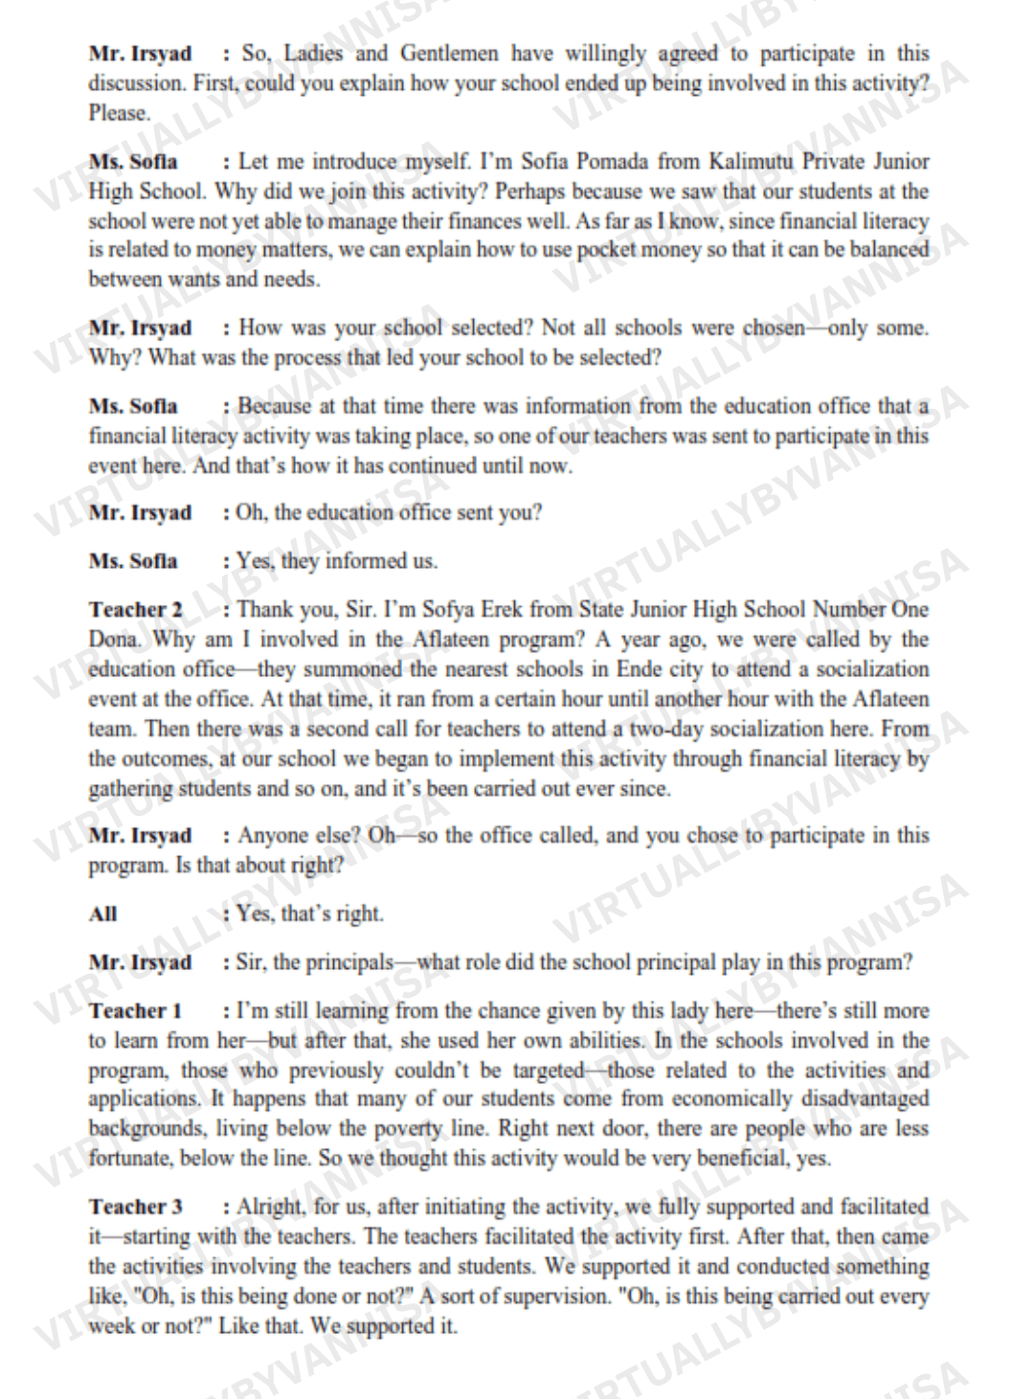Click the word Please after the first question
(120, 113)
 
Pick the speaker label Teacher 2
(136, 610)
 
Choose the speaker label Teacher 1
(135, 1011)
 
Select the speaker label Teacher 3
(136, 1207)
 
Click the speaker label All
(103, 914)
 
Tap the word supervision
(551, 1297)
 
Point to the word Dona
(113, 640)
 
